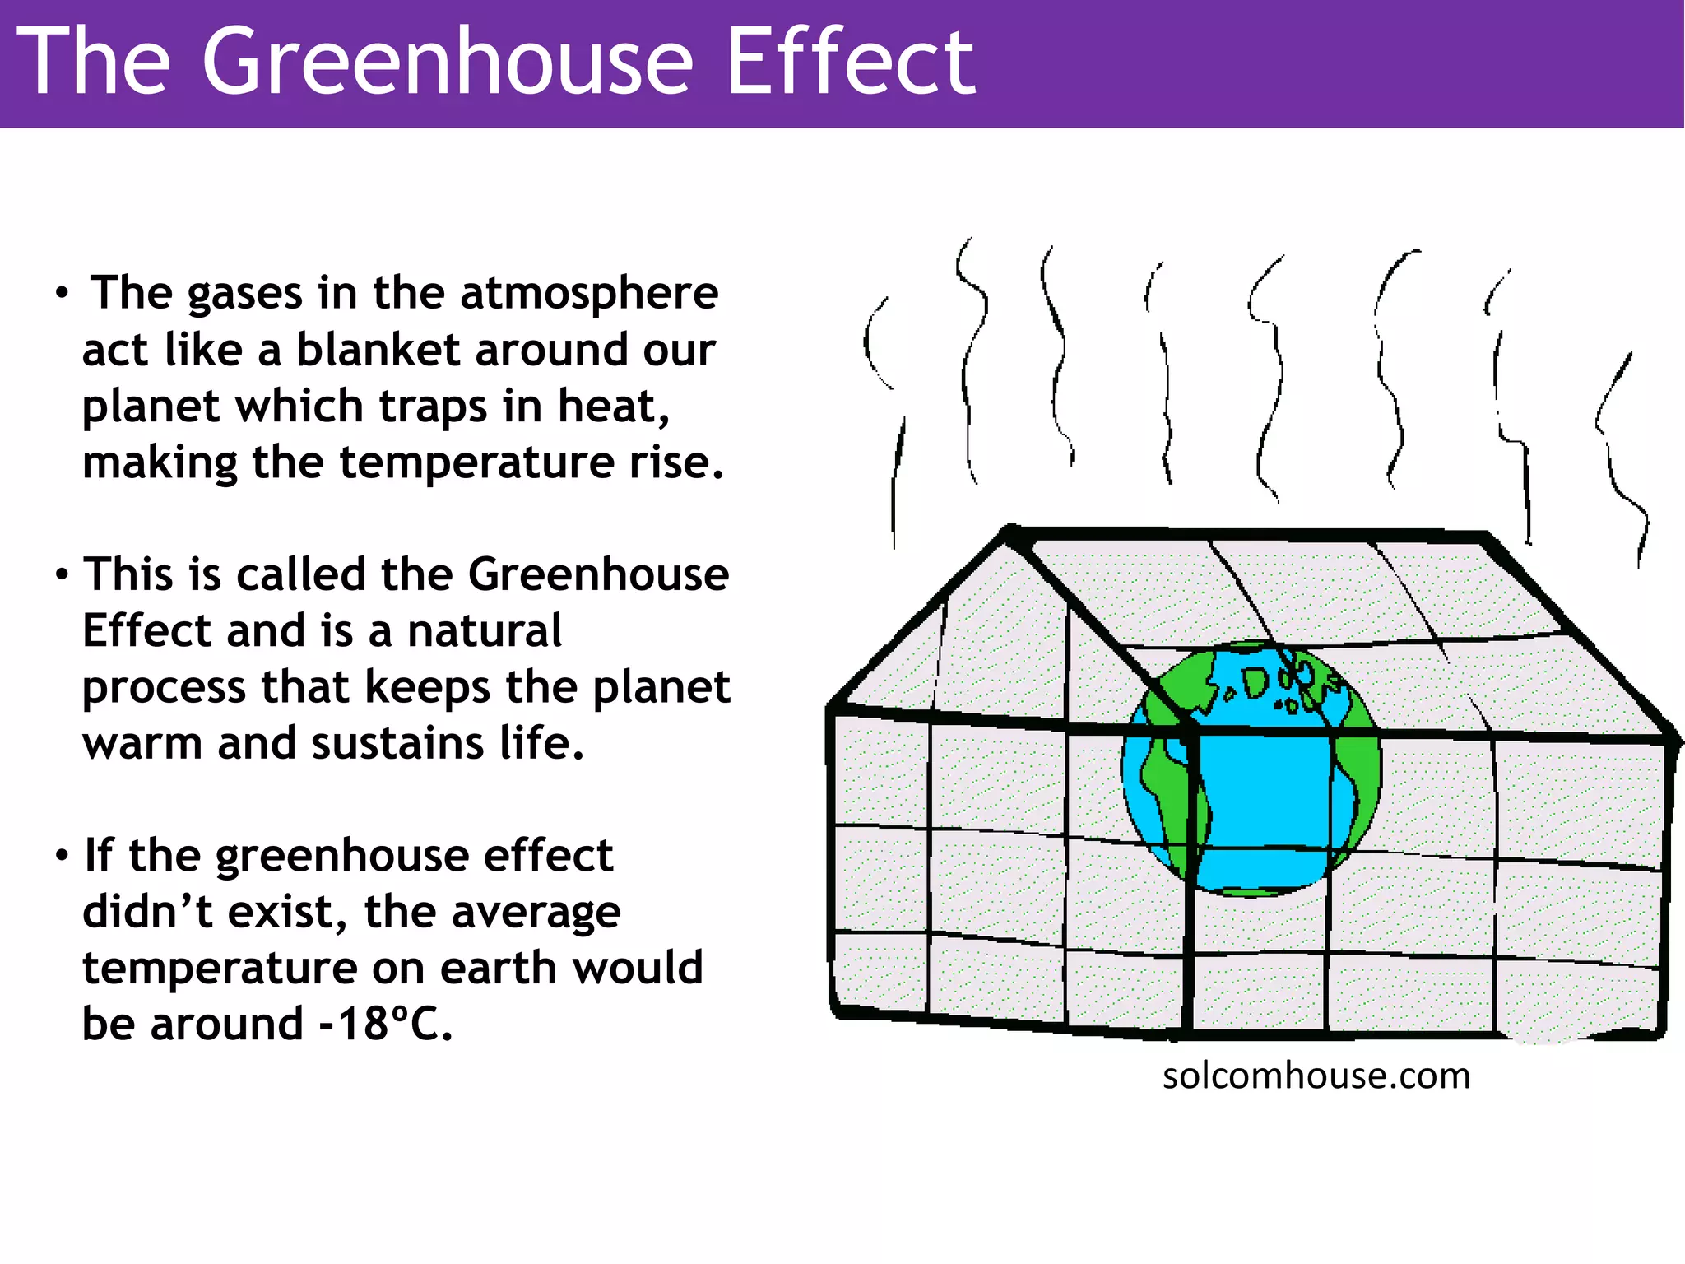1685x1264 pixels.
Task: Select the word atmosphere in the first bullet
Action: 589,294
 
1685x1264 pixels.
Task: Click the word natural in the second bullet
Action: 485,631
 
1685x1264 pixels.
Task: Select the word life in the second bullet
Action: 541,743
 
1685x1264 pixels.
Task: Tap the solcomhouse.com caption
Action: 1316,1076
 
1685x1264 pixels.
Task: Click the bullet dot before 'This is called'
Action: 62,575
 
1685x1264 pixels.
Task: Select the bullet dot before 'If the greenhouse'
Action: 62,856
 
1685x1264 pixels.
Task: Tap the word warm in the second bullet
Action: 142,744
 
